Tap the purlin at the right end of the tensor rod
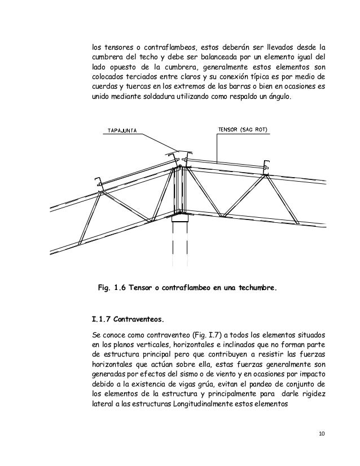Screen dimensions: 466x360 pos(265,166)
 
